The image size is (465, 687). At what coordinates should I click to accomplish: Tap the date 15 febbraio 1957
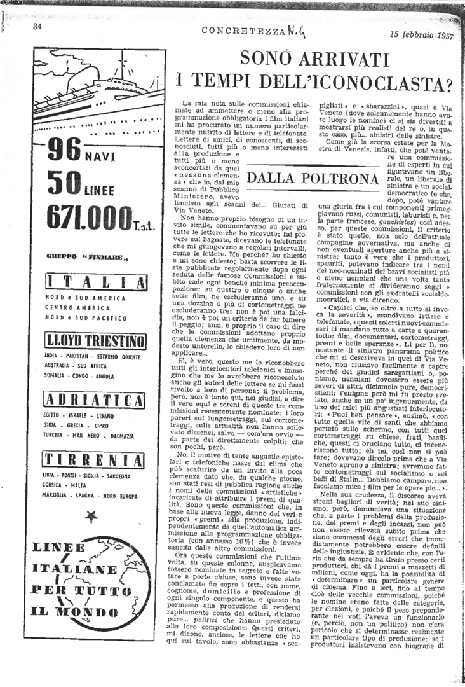[x=421, y=36]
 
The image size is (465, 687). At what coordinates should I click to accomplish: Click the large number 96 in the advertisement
[x=64, y=152]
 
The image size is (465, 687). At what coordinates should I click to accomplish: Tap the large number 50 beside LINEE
[x=63, y=187]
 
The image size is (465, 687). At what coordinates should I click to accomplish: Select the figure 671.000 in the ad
[x=88, y=221]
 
